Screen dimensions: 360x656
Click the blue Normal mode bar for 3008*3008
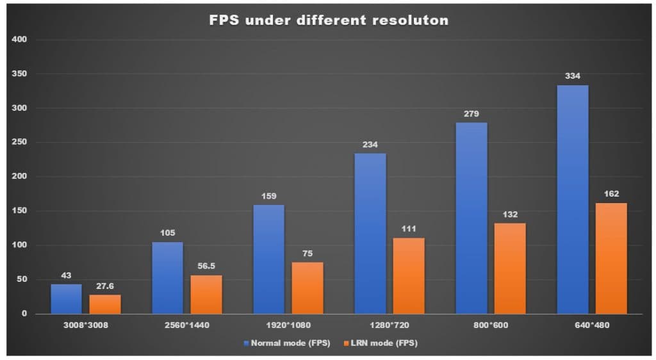tap(66, 299)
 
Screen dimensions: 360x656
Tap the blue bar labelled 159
tap(268, 259)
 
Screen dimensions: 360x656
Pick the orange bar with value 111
tap(409, 275)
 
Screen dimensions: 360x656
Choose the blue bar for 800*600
tap(471, 218)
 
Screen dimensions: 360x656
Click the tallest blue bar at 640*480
tap(573, 199)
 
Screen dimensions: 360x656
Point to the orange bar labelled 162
tap(611, 258)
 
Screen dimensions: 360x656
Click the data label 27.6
tap(105, 286)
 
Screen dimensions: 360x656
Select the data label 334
tap(573, 76)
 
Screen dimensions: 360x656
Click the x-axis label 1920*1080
tap(288, 325)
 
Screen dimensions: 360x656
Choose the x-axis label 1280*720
tap(389, 325)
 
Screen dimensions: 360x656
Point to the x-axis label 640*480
tap(592, 325)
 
